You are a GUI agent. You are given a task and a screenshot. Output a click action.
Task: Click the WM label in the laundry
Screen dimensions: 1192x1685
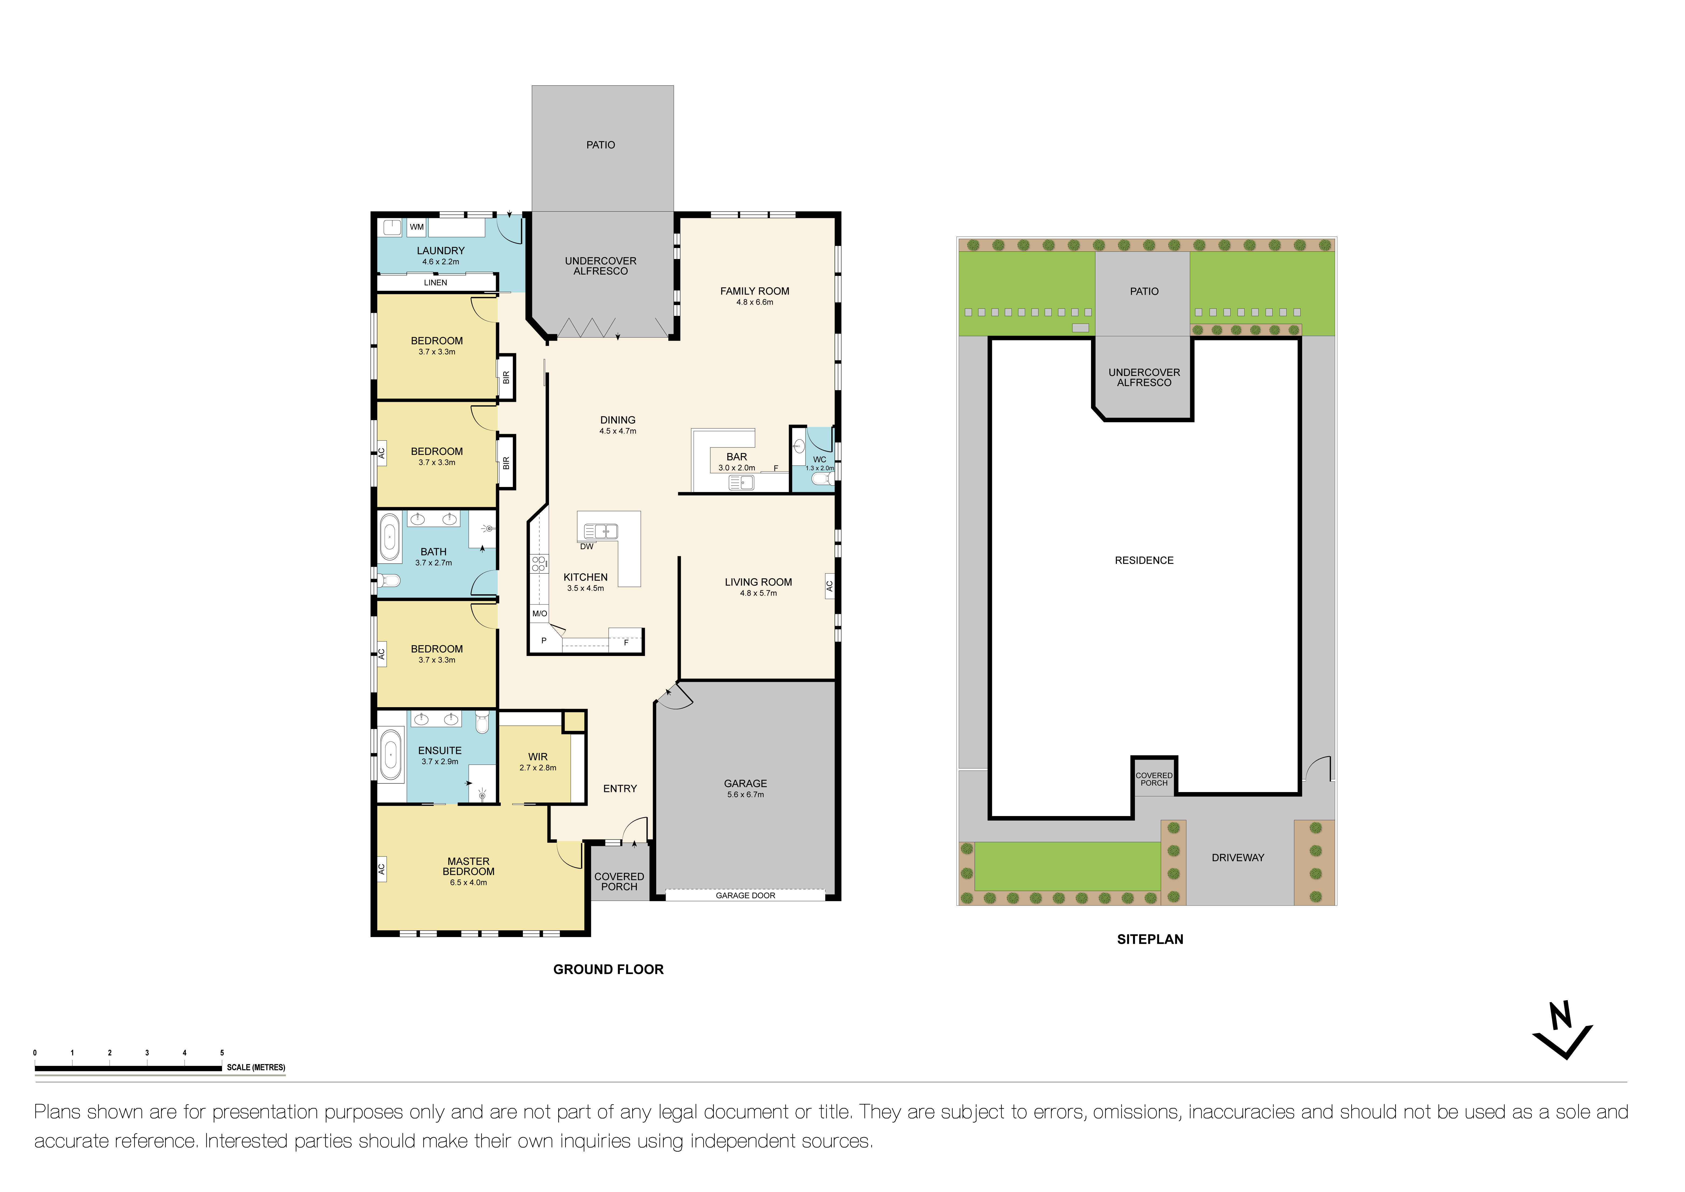click(x=417, y=227)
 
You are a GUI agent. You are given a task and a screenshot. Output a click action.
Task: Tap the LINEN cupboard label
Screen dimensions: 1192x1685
click(x=435, y=283)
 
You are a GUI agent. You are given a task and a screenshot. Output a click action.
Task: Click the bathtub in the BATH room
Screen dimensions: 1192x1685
click(x=389, y=537)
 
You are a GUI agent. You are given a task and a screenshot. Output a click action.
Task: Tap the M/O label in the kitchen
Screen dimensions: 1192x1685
click(x=539, y=614)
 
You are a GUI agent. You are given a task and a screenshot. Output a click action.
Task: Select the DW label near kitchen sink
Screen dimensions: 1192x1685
click(x=586, y=547)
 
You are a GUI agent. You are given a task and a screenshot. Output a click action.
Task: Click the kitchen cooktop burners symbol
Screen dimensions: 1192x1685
click(x=539, y=564)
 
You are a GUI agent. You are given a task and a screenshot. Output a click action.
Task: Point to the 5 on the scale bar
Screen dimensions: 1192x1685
click(x=222, y=1053)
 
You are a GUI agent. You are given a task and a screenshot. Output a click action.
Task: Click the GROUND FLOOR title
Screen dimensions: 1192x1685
click(x=608, y=970)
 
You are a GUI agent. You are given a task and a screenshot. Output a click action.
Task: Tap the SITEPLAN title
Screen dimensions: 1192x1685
click(x=1150, y=939)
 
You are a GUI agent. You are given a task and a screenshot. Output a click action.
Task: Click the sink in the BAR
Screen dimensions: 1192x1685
click(x=741, y=482)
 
